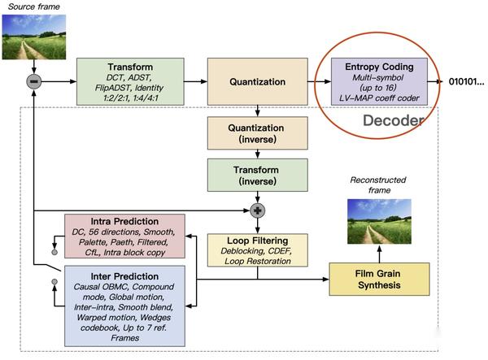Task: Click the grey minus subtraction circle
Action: tap(34, 82)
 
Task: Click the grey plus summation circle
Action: tap(258, 210)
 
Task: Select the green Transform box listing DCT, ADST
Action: tap(130, 81)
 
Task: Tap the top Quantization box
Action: tap(258, 81)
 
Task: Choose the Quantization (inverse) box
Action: tap(258, 133)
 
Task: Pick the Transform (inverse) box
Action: tap(258, 175)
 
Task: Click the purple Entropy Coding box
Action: tap(379, 81)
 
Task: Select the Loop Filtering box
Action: tap(258, 250)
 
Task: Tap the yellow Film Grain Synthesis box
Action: tap(379, 280)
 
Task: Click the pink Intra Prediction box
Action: tap(124, 236)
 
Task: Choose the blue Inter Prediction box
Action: tap(124, 306)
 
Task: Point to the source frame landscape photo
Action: tap(34, 37)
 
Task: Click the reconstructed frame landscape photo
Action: tap(379, 221)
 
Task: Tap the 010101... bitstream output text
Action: tap(466, 82)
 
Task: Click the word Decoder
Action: tap(394, 120)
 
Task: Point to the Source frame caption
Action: tap(33, 7)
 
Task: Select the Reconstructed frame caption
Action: tap(378, 185)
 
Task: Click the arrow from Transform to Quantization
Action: tap(196, 81)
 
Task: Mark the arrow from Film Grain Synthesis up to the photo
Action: tap(379, 254)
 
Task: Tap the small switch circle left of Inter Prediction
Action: tap(54, 282)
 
